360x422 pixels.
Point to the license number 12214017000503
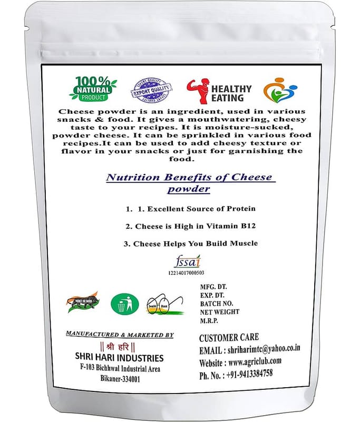coord(186,272)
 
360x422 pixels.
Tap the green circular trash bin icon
coord(125,304)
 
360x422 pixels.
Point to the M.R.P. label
coord(212,321)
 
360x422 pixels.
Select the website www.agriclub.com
coord(255,361)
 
